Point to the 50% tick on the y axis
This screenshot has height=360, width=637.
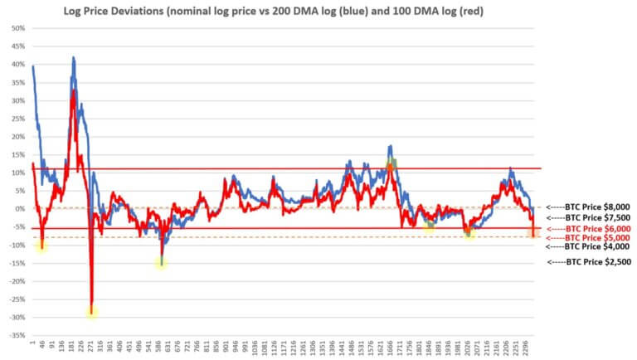[17, 27]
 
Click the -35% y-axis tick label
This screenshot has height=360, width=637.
[16, 335]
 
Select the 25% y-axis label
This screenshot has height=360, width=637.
[17, 118]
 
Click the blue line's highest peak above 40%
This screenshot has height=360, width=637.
[74, 58]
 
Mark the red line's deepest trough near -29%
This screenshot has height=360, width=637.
[92, 310]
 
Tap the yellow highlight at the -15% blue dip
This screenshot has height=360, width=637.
[161, 262]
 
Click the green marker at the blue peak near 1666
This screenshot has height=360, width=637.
[392, 163]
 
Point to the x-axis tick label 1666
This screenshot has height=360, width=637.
[390, 346]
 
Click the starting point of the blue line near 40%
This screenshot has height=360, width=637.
[32, 66]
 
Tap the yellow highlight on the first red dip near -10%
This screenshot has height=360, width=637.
[41, 244]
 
